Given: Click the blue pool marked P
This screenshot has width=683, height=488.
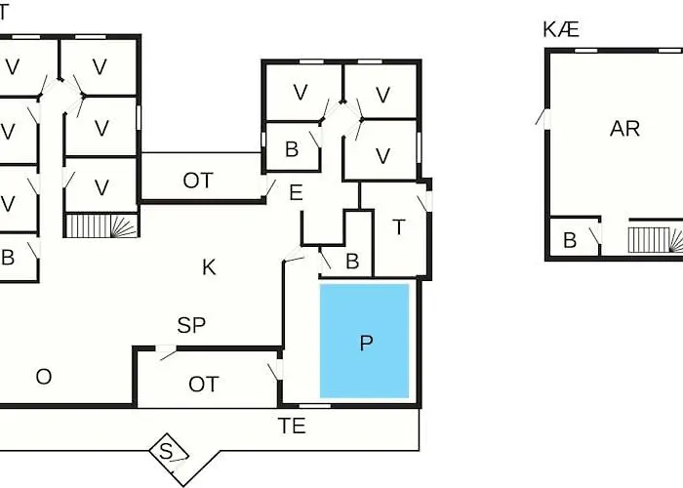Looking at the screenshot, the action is pyautogui.click(x=365, y=342).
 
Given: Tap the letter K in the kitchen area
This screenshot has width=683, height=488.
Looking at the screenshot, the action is pyautogui.click(x=209, y=267).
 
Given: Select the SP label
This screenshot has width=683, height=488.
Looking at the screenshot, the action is pyautogui.click(x=191, y=325).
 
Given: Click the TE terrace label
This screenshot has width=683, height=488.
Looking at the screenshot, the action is pyautogui.click(x=292, y=426).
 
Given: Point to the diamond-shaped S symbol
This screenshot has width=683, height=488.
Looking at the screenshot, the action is pyautogui.click(x=169, y=452).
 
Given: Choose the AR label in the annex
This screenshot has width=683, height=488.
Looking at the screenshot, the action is pyautogui.click(x=625, y=129).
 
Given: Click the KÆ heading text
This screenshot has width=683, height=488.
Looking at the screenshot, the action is pyautogui.click(x=561, y=29).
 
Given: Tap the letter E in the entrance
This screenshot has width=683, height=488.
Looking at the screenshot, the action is pyautogui.click(x=297, y=192).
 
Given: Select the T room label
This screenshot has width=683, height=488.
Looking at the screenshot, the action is pyautogui.click(x=398, y=227).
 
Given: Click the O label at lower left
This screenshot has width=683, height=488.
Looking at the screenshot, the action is pyautogui.click(x=44, y=377).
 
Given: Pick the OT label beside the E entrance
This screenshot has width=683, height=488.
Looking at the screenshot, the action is pyautogui.click(x=198, y=181).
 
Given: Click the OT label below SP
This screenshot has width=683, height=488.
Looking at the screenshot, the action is pyautogui.click(x=203, y=385).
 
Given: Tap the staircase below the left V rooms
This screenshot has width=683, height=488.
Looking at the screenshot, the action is pyautogui.click(x=101, y=225).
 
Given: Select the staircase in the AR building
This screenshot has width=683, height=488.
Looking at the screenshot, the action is pyautogui.click(x=655, y=240).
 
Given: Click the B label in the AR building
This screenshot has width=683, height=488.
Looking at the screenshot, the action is pyautogui.click(x=570, y=240).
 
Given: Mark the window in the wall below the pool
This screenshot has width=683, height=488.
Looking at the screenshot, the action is pyautogui.click(x=314, y=406).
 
